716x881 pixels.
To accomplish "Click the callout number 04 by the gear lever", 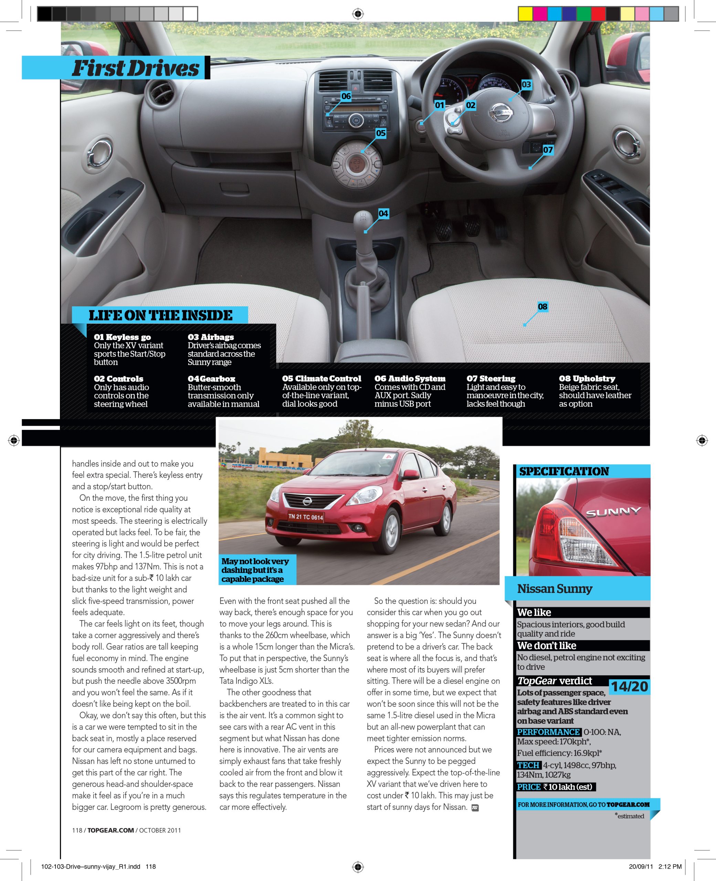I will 383,214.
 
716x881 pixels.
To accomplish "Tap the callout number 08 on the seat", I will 543,306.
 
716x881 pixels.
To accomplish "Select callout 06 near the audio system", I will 346,96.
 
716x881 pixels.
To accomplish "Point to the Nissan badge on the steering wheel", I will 501,112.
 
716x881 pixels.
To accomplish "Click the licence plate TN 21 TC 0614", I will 305,517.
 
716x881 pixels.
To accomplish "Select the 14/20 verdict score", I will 629,687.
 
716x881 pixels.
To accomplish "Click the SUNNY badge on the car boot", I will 613,512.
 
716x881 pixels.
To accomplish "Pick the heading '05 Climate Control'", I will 321,379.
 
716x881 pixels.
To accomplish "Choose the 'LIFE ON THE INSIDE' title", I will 160,315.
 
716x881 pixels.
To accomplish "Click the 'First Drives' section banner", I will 135,68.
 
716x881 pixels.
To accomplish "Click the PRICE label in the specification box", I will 529,787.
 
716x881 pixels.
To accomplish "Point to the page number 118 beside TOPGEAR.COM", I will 77,830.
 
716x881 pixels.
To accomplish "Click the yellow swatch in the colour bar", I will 525,14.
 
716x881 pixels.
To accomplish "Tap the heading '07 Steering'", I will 491,379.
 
